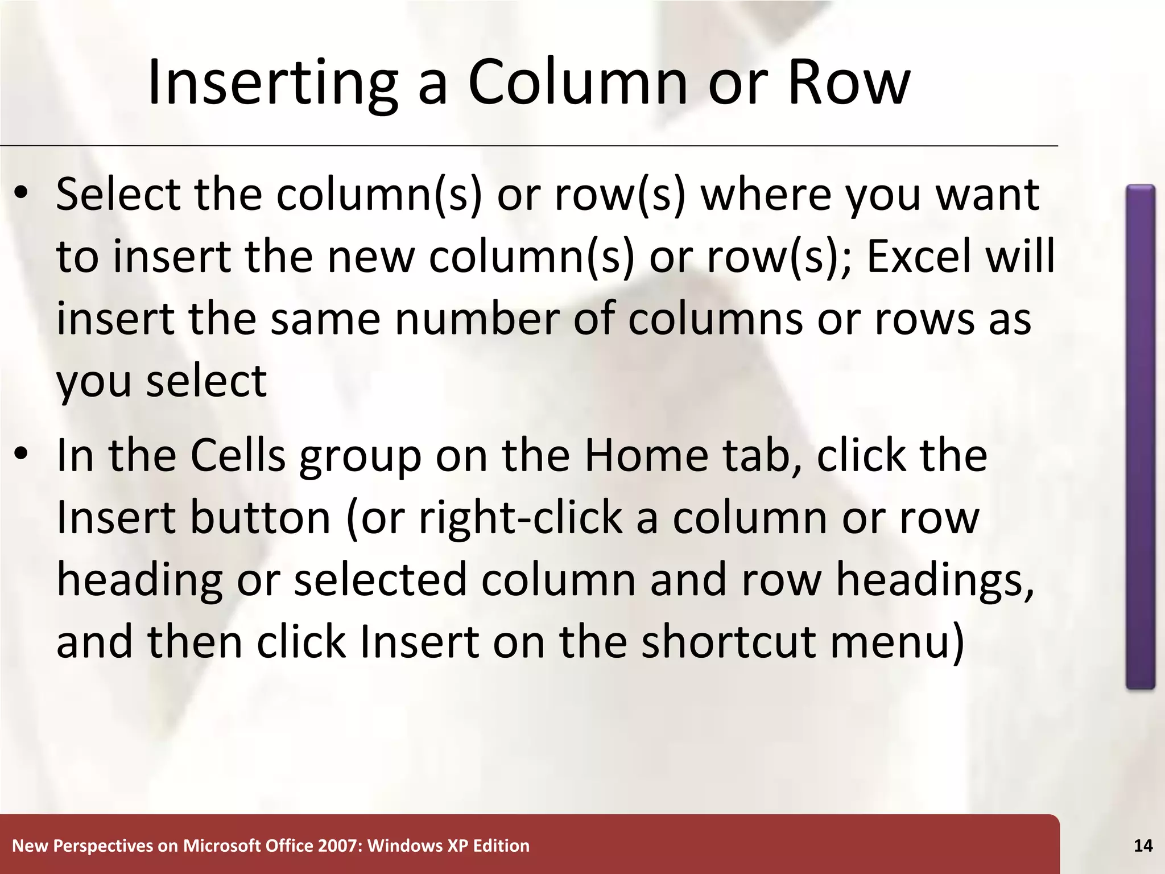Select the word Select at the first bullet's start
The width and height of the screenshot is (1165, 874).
[x=118, y=195]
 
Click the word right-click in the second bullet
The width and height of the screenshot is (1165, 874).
[x=520, y=519]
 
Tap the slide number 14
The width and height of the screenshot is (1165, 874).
[x=1143, y=846]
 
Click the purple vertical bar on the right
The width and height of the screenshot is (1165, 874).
[x=1140, y=437]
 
